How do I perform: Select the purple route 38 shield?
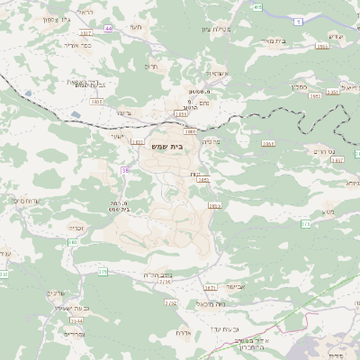tap(124, 168)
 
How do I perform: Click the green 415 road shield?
tap(257, 7)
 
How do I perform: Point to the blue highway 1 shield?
tap(295, 20)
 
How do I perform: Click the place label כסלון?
tap(301, 87)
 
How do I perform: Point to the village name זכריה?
tap(76, 228)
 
